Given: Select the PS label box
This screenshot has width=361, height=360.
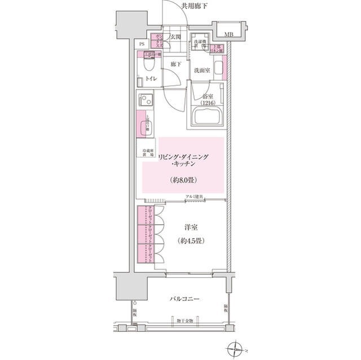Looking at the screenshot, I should click(142, 43).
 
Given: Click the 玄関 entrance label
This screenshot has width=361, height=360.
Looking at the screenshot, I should click(175, 38).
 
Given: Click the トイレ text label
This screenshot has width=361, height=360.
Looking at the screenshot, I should click(151, 79).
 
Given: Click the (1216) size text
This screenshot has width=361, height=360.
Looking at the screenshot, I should click(208, 104).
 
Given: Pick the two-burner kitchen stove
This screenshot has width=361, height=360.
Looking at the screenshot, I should click(144, 103).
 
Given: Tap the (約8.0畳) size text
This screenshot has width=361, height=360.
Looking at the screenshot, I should click(183, 180).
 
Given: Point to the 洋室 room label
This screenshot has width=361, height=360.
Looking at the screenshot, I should click(190, 228).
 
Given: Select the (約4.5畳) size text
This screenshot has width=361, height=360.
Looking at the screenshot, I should click(190, 241).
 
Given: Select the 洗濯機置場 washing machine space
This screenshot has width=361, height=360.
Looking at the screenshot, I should click(199, 45).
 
